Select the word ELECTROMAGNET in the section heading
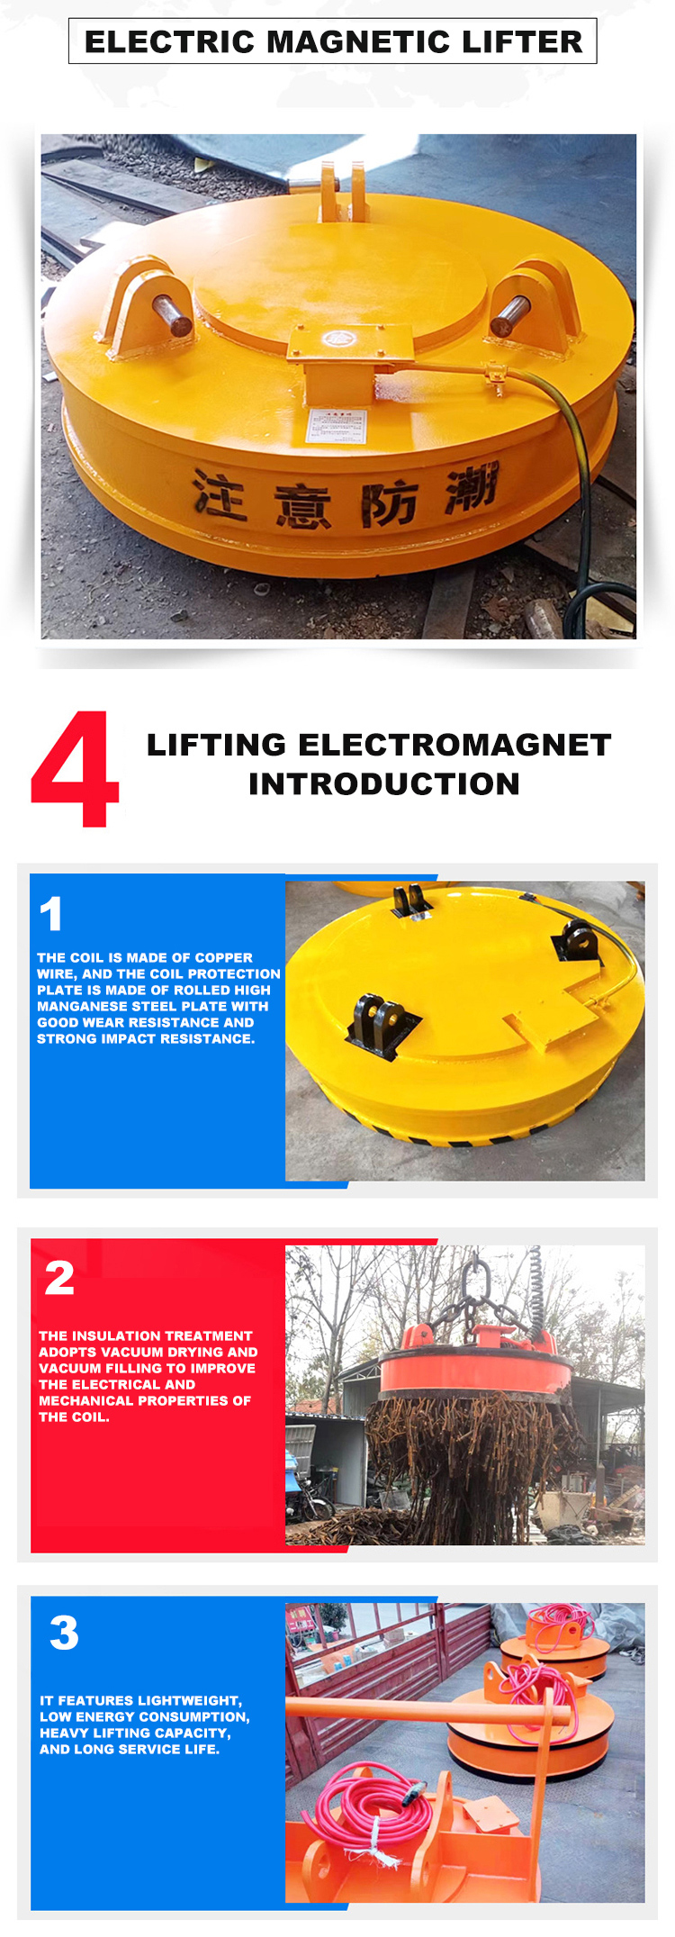pos(454,745)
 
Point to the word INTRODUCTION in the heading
pos(384,783)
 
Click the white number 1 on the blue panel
pos(51,913)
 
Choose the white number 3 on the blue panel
pos(64,1633)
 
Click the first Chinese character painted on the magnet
pos(219,494)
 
